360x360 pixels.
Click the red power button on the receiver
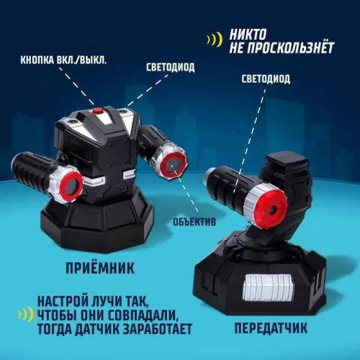[98, 111]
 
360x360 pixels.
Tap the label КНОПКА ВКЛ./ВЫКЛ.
[63, 60]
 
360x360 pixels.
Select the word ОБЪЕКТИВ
[194, 222]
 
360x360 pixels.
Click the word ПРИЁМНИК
[100, 268]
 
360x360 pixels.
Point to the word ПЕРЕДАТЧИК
[271, 328]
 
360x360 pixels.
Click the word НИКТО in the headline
[248, 35]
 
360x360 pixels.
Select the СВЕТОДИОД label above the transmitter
[266, 79]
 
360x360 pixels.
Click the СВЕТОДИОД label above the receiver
[171, 68]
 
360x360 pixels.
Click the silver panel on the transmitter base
[268, 287]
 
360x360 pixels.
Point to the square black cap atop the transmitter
[287, 161]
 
